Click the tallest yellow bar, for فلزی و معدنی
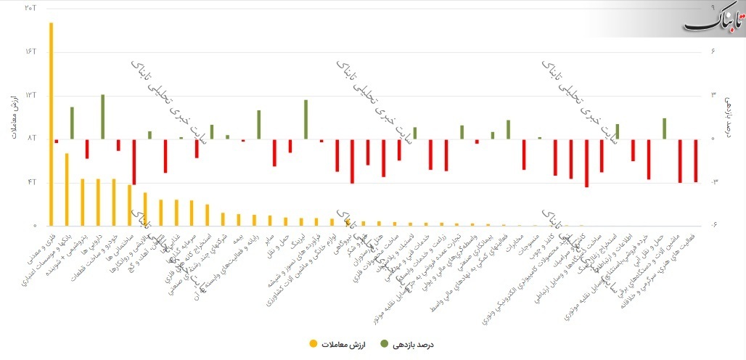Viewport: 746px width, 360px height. click(x=51, y=123)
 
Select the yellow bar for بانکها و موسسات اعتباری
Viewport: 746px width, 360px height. click(x=67, y=189)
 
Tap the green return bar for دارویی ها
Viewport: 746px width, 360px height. click(x=103, y=116)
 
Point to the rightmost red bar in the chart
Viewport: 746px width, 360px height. click(x=696, y=160)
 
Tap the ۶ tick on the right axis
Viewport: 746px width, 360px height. click(x=714, y=52)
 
